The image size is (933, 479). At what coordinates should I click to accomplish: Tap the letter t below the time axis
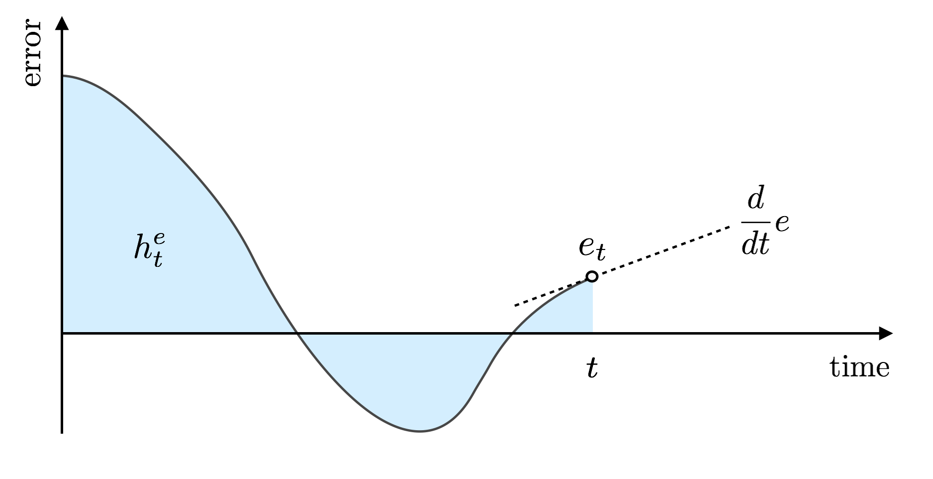591,369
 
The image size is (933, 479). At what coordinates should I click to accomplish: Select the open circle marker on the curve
592,276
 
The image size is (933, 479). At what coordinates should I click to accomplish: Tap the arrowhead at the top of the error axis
62,22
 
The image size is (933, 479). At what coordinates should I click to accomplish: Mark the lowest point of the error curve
420,431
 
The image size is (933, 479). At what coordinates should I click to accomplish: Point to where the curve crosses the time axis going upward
513,333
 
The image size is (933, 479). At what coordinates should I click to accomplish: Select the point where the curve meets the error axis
62,76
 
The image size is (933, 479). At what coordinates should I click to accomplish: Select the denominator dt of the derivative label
755,244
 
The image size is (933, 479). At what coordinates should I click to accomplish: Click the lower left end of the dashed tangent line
516,305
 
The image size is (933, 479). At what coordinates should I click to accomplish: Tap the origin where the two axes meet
62,333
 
